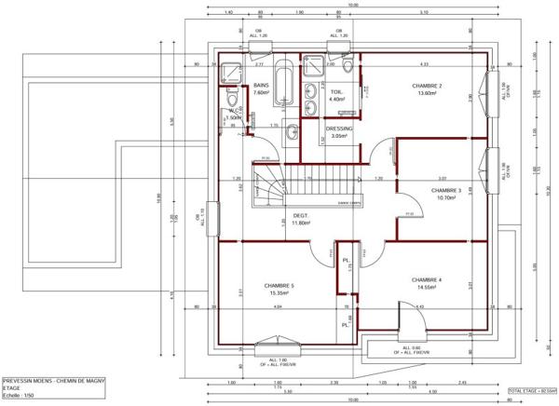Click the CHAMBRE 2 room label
[427, 85]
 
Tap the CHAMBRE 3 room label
[446, 190]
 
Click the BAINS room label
[261, 85]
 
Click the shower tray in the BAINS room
[229, 71]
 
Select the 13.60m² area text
[428, 93]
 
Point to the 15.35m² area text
[279, 293]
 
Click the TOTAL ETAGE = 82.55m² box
[532, 391]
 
